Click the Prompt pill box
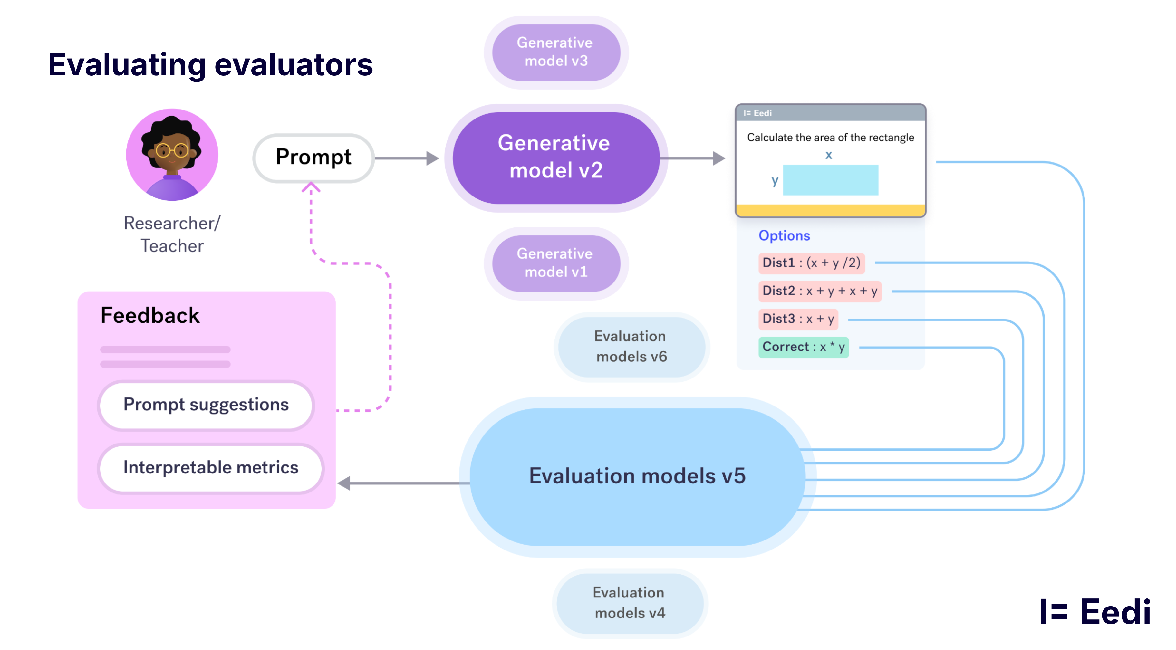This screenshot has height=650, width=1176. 313,158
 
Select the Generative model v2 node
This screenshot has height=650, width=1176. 555,158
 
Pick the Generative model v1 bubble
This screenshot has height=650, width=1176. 555,263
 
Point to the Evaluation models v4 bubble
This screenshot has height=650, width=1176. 629,603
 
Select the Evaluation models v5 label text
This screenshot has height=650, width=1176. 637,476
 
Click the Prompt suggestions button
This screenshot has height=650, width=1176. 206,405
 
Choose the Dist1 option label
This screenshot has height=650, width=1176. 811,263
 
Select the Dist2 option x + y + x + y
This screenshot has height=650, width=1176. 819,291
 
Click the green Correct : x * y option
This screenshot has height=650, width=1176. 803,347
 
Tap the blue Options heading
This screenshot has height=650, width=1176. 784,235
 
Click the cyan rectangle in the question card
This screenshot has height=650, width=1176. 830,180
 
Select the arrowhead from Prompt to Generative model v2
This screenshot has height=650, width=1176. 432,158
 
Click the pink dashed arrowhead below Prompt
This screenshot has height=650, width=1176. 311,187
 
